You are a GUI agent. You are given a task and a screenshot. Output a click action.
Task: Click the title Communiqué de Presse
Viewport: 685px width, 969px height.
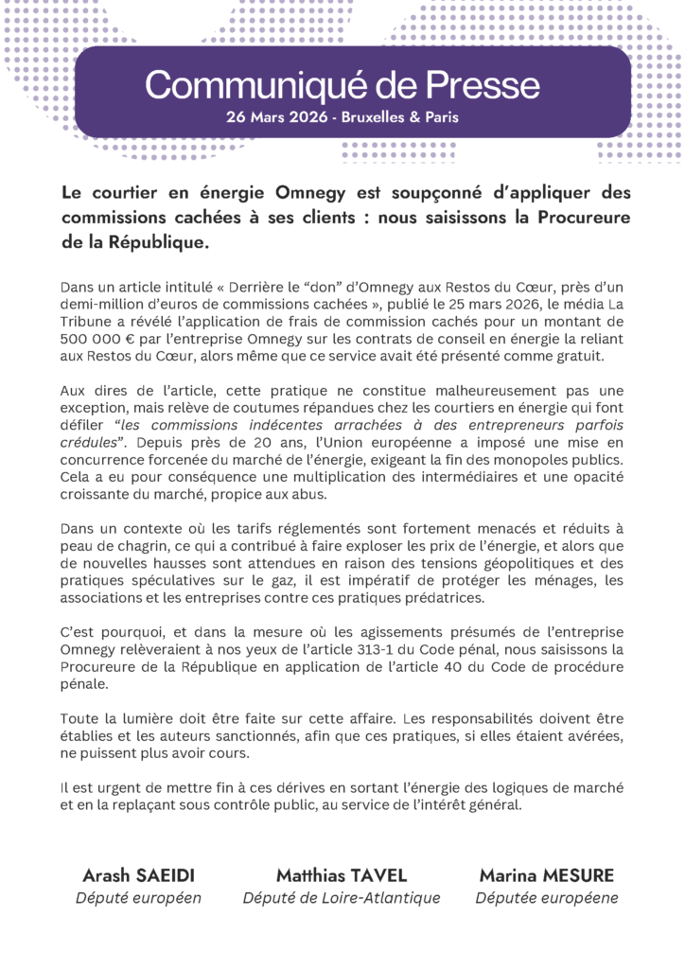tap(342, 86)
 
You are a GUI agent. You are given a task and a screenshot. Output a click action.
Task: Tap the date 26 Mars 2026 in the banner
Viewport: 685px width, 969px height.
tap(274, 119)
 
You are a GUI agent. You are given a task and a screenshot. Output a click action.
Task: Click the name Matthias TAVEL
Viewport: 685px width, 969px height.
tap(342, 874)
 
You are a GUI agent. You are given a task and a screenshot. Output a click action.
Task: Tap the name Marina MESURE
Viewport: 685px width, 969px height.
tap(546, 874)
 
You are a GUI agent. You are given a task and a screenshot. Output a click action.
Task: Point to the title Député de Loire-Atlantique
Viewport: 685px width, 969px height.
tap(342, 898)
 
